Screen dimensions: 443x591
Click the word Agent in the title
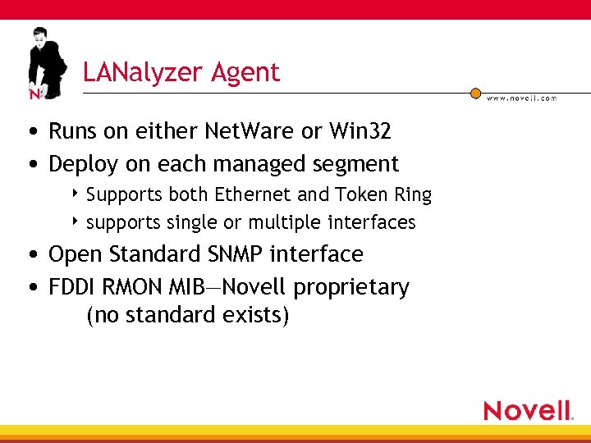[x=245, y=73]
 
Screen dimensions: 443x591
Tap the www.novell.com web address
[x=521, y=98]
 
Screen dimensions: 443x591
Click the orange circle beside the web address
[x=475, y=94]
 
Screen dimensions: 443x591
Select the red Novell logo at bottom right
[x=528, y=410]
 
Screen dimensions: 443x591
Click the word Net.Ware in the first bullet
[x=259, y=131]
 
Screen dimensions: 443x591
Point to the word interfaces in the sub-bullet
[x=372, y=222]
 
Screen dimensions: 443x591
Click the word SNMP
[x=237, y=254]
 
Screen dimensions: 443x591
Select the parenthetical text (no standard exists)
[x=187, y=315]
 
